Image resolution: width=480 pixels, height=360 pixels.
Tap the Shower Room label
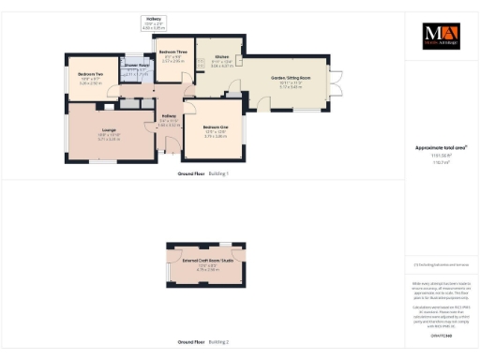click(138, 66)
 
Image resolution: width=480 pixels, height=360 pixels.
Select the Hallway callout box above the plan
click(154, 22)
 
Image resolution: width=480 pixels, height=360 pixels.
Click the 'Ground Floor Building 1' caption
click(202, 174)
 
